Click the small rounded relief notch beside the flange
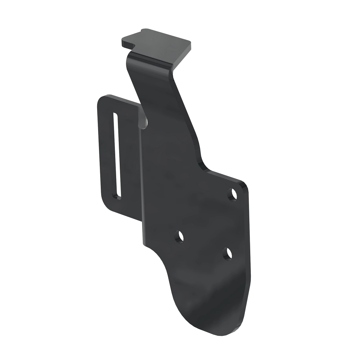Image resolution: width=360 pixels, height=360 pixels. [145, 123]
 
